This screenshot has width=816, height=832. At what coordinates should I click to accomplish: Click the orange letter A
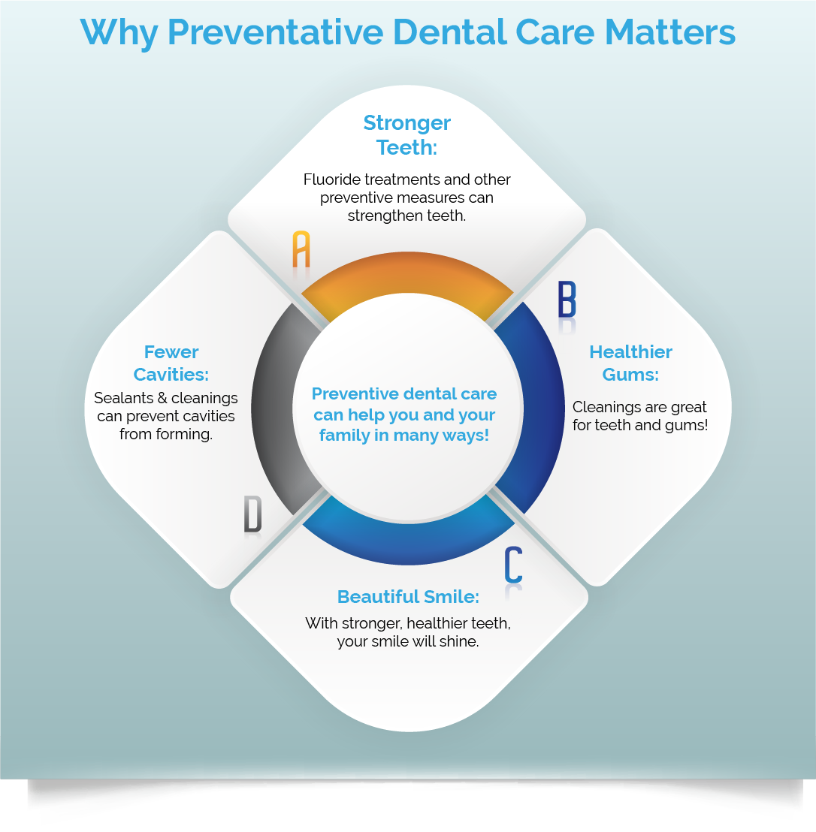(301, 250)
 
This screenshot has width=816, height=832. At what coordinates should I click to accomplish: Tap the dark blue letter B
(567, 299)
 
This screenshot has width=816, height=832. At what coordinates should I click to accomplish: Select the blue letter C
(513, 565)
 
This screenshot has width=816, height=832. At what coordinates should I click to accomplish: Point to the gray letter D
(252, 514)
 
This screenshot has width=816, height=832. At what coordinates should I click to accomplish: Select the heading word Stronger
(407, 122)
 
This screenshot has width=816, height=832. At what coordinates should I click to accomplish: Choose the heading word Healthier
(630, 351)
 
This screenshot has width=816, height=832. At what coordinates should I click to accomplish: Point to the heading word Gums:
(630, 374)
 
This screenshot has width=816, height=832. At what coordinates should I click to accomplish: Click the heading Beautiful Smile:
(408, 597)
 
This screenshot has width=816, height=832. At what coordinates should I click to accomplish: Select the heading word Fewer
(171, 351)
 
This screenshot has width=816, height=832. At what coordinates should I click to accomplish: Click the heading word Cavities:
(171, 374)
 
